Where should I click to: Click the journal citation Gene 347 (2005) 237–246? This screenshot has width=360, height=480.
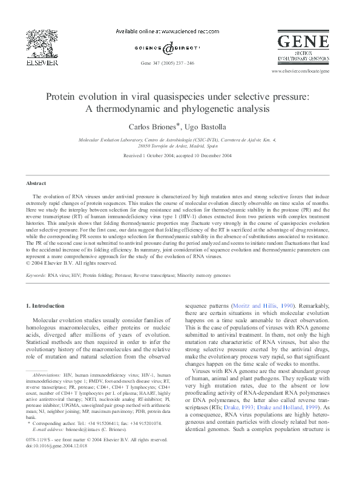coord(168,63)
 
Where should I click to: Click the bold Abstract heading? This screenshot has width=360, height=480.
coord(36,183)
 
